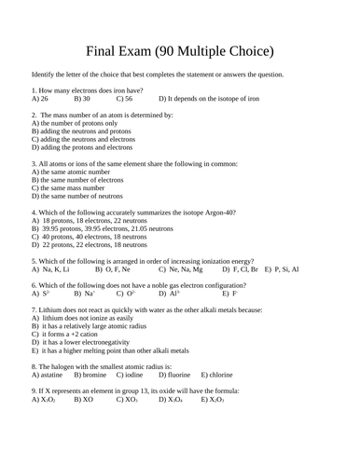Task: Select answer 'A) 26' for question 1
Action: (40, 97)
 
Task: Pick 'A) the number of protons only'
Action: (75, 122)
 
